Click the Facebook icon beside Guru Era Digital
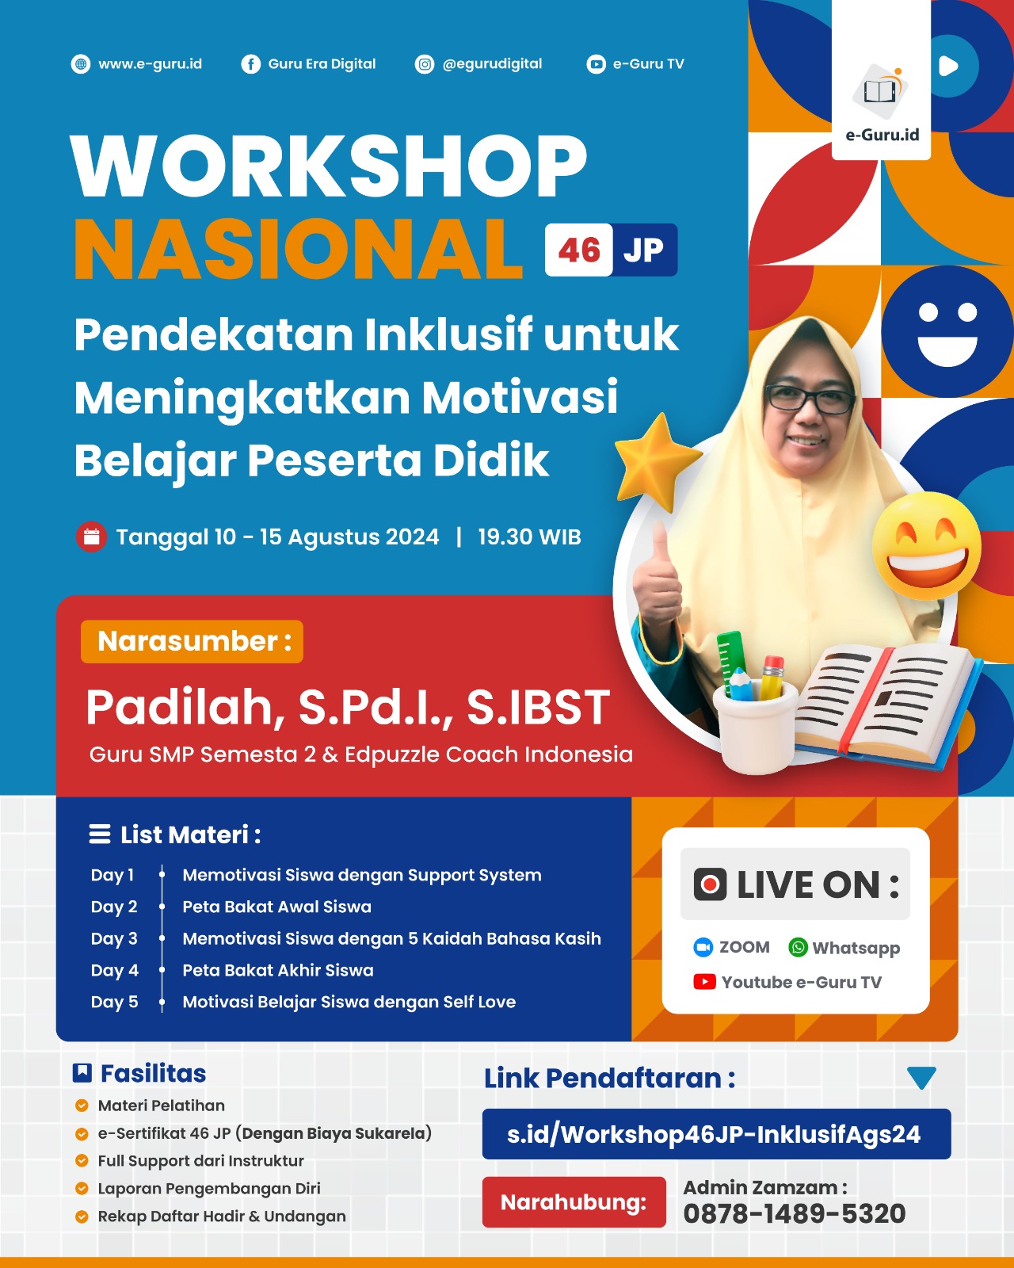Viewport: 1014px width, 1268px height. click(250, 64)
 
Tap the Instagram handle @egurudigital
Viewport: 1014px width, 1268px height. click(492, 63)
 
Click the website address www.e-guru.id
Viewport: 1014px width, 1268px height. click(150, 63)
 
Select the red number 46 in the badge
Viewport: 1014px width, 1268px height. click(579, 250)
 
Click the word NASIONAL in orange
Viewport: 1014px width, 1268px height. click(298, 248)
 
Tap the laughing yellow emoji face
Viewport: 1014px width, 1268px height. click(927, 544)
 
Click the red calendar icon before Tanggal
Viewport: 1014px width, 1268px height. click(91, 537)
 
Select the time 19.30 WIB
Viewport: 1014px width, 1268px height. click(529, 537)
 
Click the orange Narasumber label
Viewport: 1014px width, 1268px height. click(192, 641)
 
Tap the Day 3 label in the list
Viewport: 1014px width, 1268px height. click(114, 938)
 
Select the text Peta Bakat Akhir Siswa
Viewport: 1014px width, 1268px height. click(278, 970)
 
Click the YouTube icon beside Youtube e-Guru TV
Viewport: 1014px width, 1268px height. click(704, 982)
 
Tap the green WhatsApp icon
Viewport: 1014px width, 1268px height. click(798, 948)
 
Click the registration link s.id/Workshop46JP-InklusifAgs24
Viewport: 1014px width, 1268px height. click(714, 1134)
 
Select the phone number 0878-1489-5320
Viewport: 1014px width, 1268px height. click(795, 1214)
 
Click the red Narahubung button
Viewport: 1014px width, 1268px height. click(574, 1202)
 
